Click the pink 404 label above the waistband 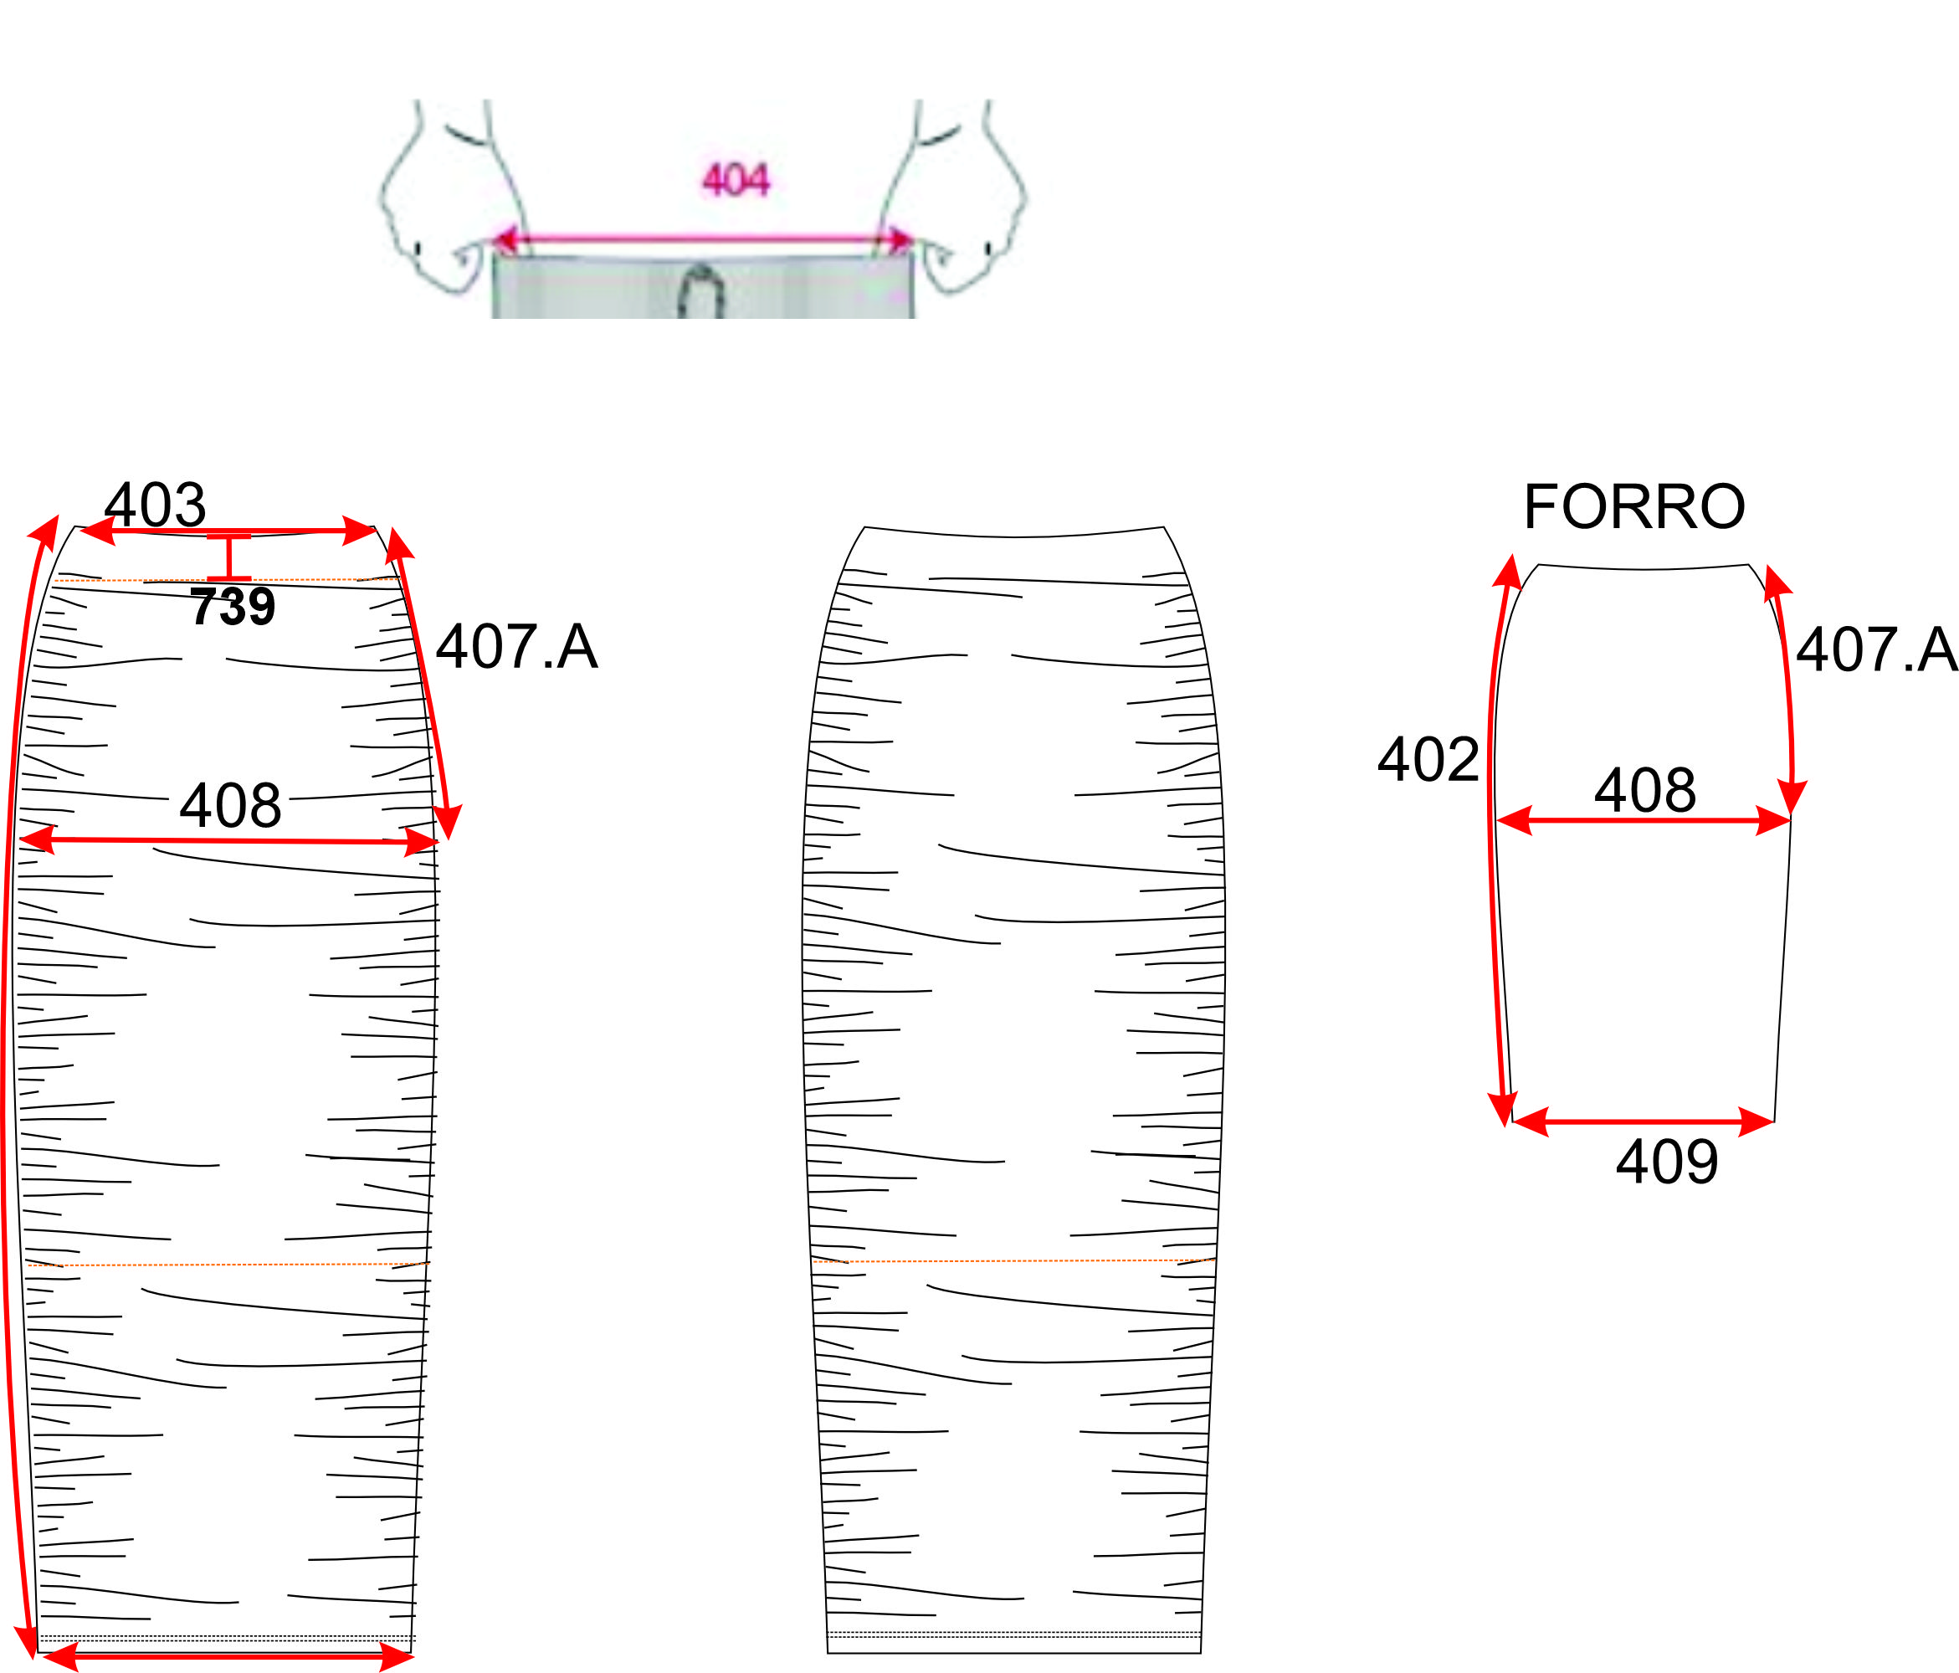click(736, 179)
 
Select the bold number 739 click(233, 606)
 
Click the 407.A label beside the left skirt click(516, 647)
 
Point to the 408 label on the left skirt click(231, 805)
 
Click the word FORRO click(1633, 506)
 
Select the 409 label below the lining click(1667, 1162)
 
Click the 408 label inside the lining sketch click(1645, 790)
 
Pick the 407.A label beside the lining click(1877, 649)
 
